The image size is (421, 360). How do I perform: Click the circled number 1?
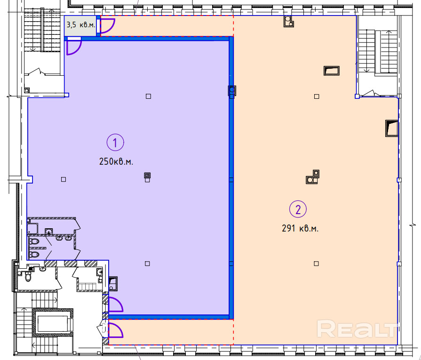(115, 143)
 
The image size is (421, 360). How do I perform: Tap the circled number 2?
(298, 209)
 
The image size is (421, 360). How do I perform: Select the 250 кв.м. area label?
(116, 162)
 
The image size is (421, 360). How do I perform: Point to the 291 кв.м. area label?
(300, 228)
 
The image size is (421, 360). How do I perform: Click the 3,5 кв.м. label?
(80, 25)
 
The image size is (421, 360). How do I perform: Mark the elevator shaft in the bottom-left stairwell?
(53, 322)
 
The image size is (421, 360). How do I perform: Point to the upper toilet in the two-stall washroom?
(34, 241)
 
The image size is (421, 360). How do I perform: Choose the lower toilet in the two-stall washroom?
(34, 255)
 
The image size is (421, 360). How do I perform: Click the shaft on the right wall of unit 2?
(392, 128)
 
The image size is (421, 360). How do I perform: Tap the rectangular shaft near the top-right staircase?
(332, 71)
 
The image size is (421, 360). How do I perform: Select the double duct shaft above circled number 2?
(313, 177)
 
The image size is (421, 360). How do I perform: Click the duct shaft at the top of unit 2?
(289, 22)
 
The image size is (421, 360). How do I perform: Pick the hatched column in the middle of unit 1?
(147, 176)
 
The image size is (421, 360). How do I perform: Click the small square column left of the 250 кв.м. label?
(64, 179)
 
